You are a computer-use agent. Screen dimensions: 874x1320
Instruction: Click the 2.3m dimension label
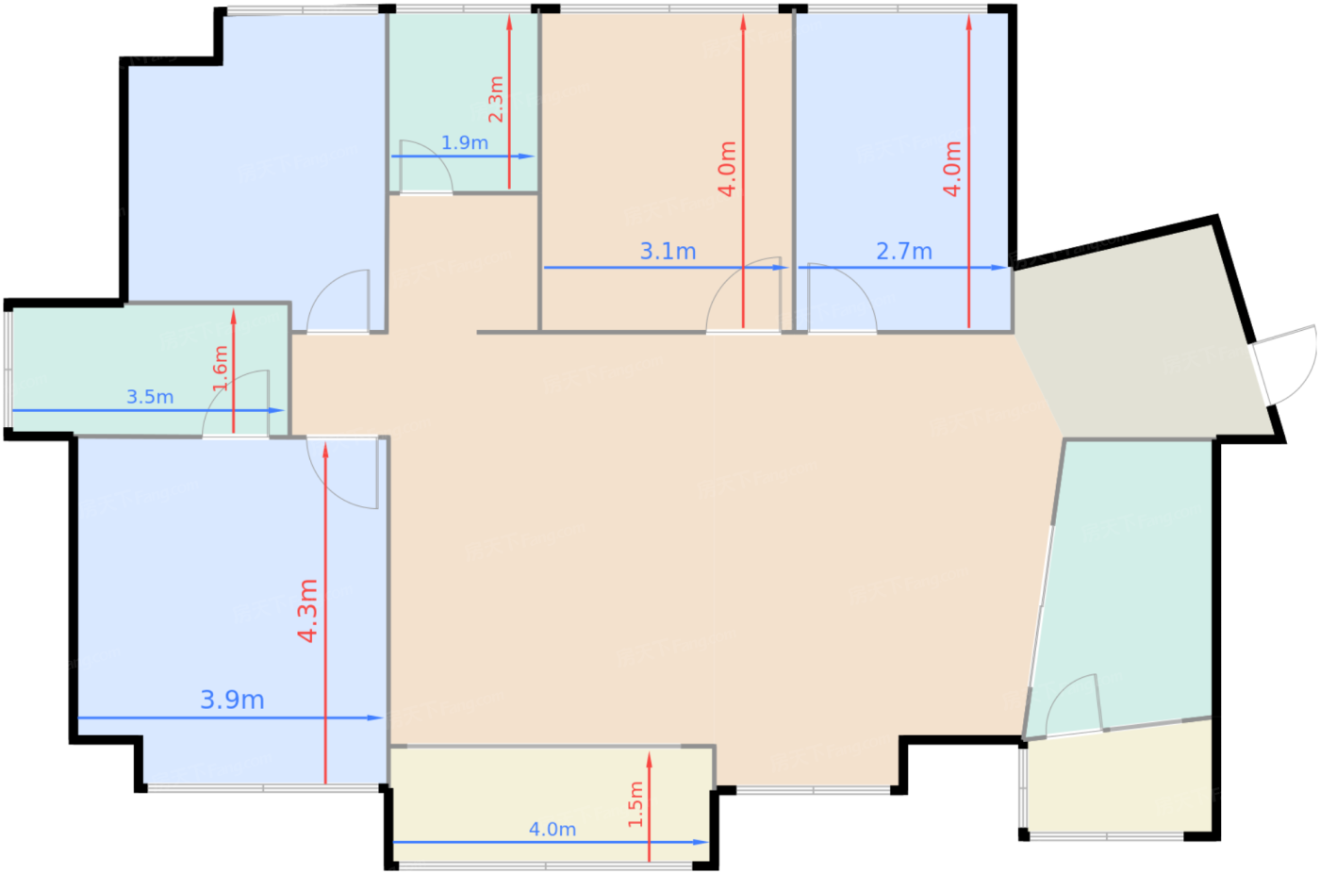(496, 100)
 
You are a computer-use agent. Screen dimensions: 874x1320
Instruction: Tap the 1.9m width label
(465, 142)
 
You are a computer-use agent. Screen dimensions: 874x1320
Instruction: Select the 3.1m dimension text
(668, 251)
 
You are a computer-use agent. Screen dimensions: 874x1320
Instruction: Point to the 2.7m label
(903, 251)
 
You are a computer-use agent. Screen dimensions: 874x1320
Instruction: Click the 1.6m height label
(221, 368)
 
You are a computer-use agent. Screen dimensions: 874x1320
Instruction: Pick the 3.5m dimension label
(150, 397)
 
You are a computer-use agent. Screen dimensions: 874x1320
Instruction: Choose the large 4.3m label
(307, 611)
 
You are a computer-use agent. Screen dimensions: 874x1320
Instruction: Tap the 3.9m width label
(232, 700)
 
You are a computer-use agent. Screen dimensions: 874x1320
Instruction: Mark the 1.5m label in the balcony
(636, 804)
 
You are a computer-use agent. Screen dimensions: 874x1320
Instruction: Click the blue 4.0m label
(552, 829)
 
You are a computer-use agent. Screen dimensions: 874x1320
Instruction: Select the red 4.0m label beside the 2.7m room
(952, 169)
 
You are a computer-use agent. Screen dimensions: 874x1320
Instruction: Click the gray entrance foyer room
(1141, 339)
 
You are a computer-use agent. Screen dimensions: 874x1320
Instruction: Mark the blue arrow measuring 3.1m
(603, 267)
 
